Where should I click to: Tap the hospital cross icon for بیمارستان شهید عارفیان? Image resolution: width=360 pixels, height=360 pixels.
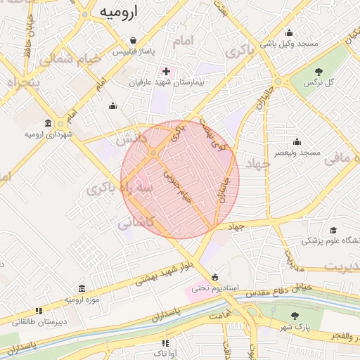click(x=167, y=71)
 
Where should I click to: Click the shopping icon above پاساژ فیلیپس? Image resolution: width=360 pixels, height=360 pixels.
click(x=131, y=40)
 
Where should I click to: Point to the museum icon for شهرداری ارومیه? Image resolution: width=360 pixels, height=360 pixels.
click(x=48, y=122)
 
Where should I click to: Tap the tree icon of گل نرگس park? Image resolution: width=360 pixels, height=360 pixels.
click(x=320, y=71)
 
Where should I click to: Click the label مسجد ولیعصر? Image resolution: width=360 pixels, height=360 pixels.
click(x=297, y=152)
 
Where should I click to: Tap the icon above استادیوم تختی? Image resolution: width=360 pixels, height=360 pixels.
click(x=214, y=276)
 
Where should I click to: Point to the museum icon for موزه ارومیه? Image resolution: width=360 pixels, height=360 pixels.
click(x=82, y=288)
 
